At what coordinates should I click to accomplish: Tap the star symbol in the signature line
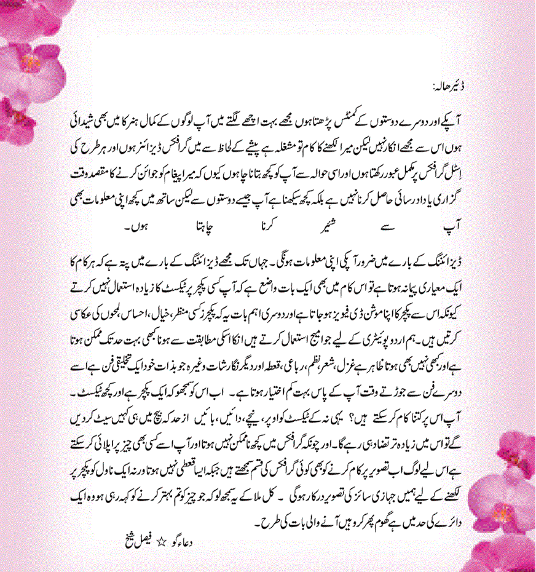point(162,542)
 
